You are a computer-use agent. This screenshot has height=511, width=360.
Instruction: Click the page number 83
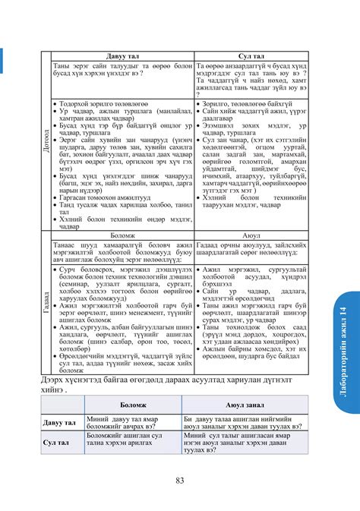pyautogui.click(x=179, y=479)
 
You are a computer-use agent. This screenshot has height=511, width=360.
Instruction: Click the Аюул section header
pyautogui.click(x=251, y=235)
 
